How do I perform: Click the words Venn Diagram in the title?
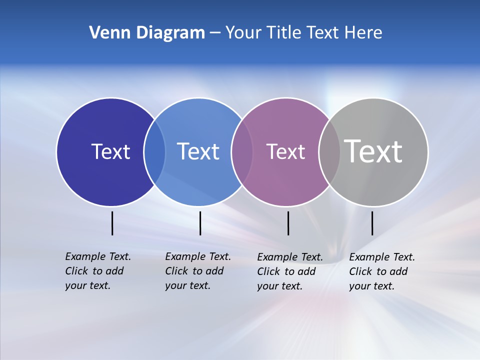point(147,33)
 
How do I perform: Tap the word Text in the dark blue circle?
point(110,151)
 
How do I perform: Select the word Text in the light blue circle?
point(198,151)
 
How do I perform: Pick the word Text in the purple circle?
point(285,151)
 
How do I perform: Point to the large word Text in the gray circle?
point(373,151)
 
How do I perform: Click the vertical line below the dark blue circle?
point(112,223)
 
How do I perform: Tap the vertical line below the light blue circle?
point(200,223)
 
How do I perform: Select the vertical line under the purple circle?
point(288,223)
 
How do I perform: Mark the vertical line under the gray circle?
point(372,223)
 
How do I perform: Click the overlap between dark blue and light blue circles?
point(154,151)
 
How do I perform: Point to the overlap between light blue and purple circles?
point(242,151)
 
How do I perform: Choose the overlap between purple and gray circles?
point(329,151)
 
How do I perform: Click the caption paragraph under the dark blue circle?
point(98,271)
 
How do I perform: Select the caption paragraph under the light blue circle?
point(198,271)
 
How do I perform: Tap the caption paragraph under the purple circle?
point(290,271)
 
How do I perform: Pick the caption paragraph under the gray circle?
point(382,271)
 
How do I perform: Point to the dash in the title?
point(215,33)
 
